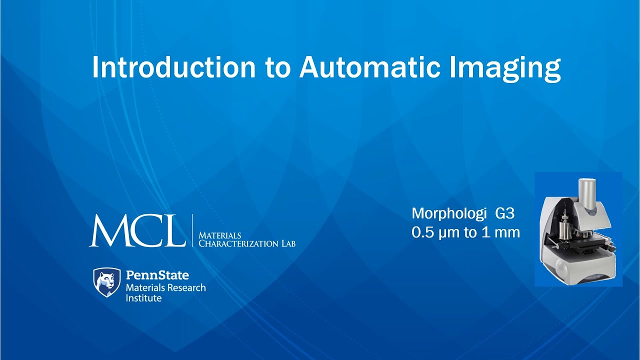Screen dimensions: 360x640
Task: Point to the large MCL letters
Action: (137, 230)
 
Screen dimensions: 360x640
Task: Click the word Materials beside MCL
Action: (220, 235)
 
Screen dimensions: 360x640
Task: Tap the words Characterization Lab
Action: (247, 243)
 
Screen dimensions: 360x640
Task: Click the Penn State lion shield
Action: (107, 282)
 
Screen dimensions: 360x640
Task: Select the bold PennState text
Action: (157, 275)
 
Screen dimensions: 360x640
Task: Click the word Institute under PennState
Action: (143, 298)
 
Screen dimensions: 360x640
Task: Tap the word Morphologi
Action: (448, 214)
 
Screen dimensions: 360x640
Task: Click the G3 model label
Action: (504, 214)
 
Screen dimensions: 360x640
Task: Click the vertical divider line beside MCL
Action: (192, 230)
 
